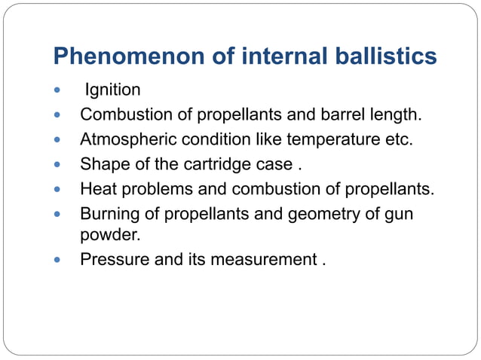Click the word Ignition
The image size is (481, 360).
pos(113,91)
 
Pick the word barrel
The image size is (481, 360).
pos(338,115)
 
